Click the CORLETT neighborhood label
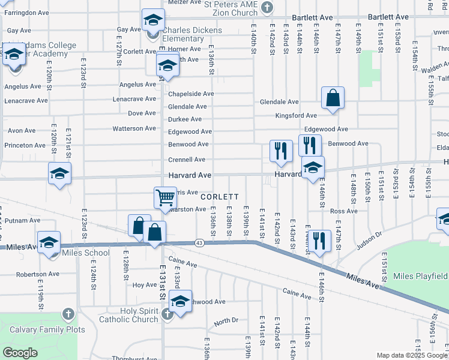[x=220, y=197]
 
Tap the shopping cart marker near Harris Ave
[x=165, y=197]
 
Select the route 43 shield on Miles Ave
[x=198, y=242]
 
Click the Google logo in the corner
[x=20, y=353]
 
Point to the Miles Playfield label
[x=420, y=276]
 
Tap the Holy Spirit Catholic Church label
[x=130, y=315]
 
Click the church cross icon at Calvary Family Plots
[x=68, y=314]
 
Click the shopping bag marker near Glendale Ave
[x=333, y=98]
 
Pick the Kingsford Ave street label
[x=296, y=115]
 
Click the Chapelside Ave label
[x=191, y=94]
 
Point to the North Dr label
[x=226, y=322]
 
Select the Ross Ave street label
[x=343, y=211]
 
